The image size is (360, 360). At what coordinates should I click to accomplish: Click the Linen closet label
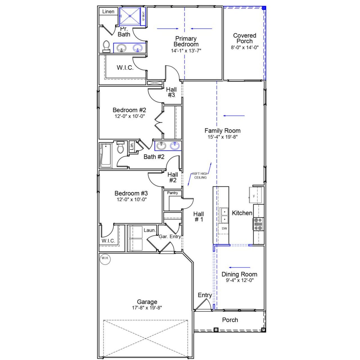pyautogui.click(x=108, y=12)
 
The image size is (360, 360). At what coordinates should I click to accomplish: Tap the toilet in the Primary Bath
pyautogui.click(x=106, y=47)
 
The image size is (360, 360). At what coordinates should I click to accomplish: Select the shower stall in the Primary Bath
pyautogui.click(x=130, y=16)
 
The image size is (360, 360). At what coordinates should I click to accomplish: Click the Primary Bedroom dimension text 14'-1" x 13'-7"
pyautogui.click(x=186, y=51)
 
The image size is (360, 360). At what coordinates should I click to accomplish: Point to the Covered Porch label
pyautogui.click(x=244, y=38)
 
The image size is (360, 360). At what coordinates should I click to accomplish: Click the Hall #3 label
pyautogui.click(x=171, y=92)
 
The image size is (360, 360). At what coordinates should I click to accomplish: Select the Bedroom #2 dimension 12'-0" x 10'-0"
pyautogui.click(x=130, y=116)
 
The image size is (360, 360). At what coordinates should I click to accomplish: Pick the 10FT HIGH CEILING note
pyautogui.click(x=200, y=175)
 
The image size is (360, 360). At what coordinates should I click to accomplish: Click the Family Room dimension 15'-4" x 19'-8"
pyautogui.click(x=222, y=137)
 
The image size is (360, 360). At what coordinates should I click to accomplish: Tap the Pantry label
pyautogui.click(x=172, y=193)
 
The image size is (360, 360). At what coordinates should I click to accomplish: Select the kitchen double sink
pyautogui.click(x=224, y=215)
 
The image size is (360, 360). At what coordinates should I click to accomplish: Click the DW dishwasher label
pyautogui.click(x=224, y=228)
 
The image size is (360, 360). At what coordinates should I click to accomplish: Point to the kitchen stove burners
pyautogui.click(x=258, y=224)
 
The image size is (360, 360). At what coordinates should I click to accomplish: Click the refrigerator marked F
pyautogui.click(x=255, y=196)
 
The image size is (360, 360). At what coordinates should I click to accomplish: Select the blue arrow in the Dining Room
pyautogui.click(x=239, y=267)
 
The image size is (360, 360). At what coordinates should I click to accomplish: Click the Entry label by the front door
pyautogui.click(x=204, y=295)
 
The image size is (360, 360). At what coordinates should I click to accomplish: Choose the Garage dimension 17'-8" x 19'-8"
pyautogui.click(x=147, y=308)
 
